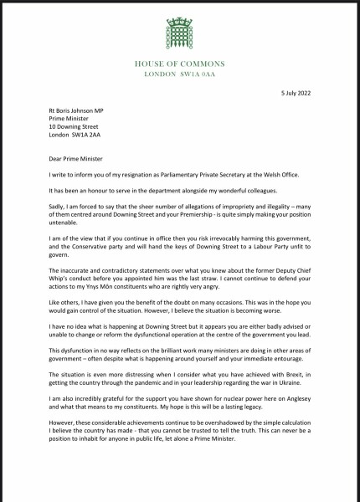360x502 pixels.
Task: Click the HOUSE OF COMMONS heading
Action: (x=180, y=64)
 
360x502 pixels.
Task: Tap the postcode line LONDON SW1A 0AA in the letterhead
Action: (x=180, y=74)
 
